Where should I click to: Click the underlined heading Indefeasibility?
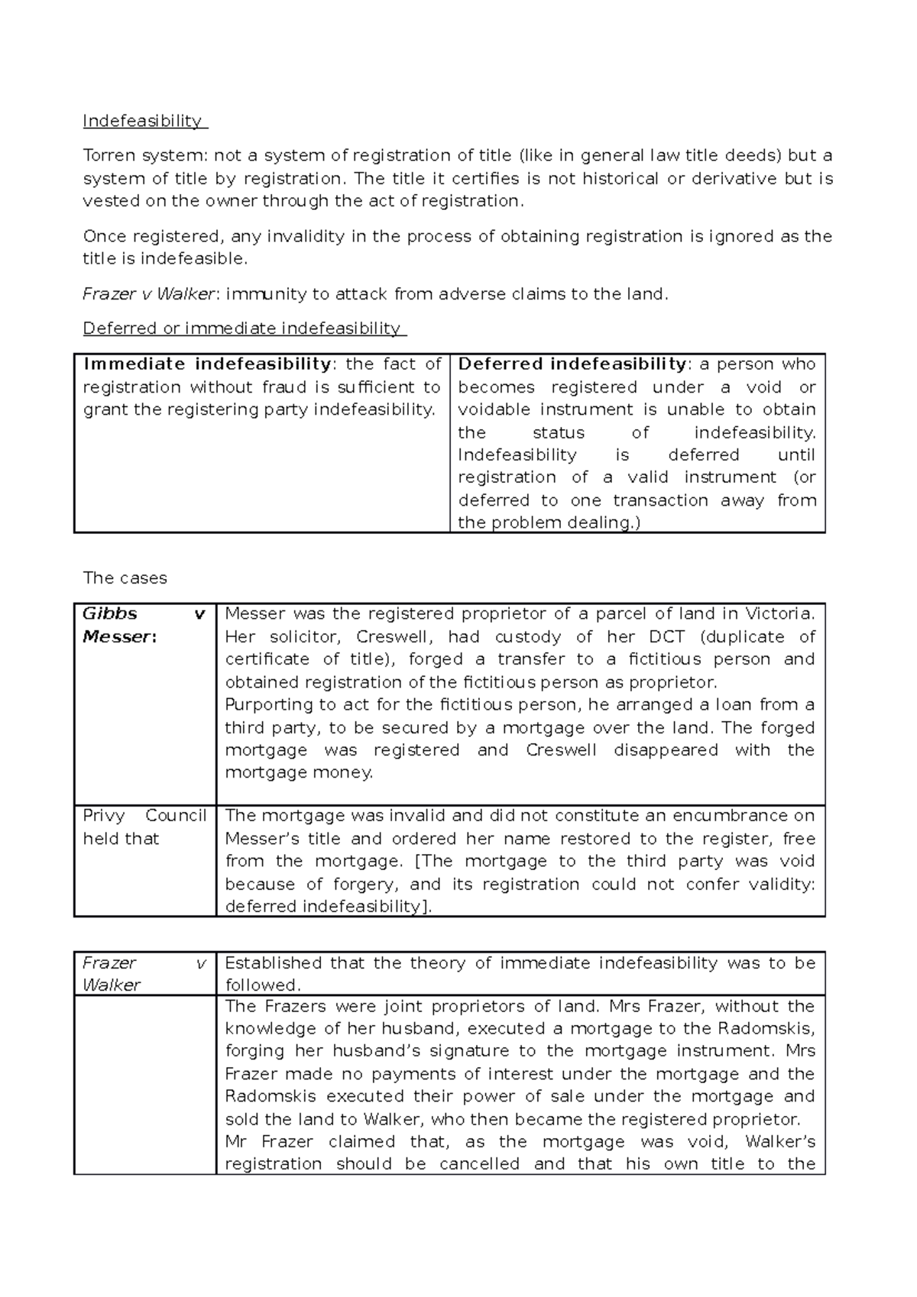[143, 121]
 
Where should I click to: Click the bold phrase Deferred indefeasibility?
[572, 364]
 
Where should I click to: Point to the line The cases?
[125, 578]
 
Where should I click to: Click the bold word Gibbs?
[110, 614]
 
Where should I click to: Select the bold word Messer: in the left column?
[119, 637]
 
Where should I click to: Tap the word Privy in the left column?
[104, 816]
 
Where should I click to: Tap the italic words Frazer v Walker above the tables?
[152, 294]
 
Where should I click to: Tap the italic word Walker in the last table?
[112, 985]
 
